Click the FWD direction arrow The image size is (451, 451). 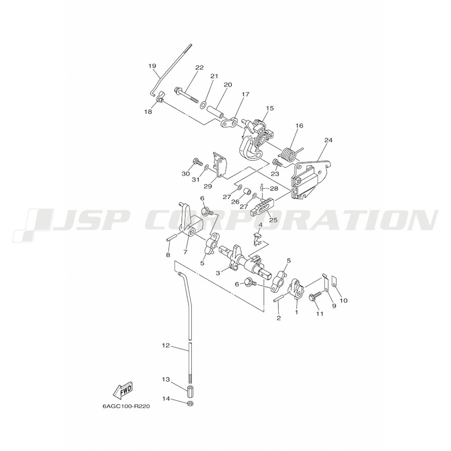(x=123, y=391)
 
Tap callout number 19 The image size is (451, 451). (x=152, y=66)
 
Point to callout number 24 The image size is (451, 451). (x=328, y=140)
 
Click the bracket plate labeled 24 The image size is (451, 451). (x=311, y=178)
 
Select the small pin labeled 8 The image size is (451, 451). (x=171, y=239)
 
